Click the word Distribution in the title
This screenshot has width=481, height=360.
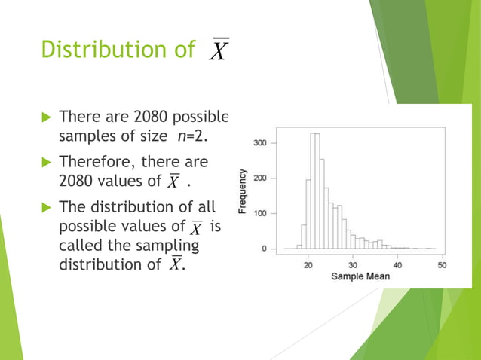click(x=109, y=50)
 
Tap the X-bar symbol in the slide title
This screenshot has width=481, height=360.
click(x=218, y=50)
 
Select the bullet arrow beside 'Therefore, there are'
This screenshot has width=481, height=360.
click(x=45, y=162)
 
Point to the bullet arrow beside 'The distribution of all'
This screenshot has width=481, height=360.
click(x=45, y=207)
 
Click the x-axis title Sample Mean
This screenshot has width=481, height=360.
click(x=360, y=276)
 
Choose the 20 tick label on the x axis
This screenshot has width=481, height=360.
click(x=308, y=265)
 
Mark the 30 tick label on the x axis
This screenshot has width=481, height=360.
click(x=353, y=265)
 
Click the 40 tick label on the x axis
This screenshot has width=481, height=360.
click(x=397, y=265)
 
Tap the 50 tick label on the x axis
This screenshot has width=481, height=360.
click(x=442, y=265)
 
